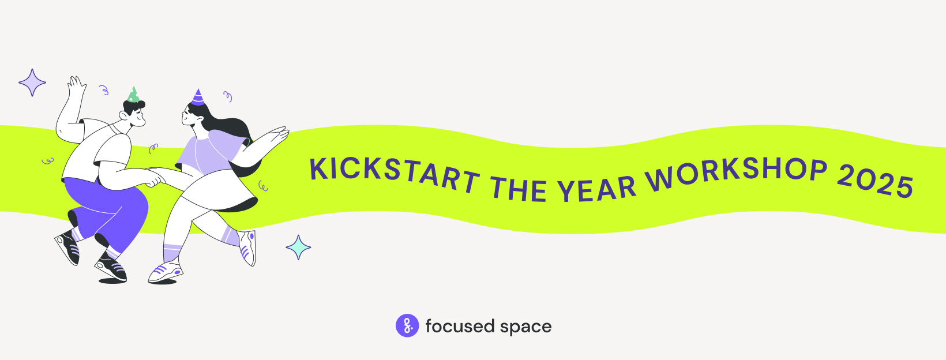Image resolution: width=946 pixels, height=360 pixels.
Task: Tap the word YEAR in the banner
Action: coord(597,189)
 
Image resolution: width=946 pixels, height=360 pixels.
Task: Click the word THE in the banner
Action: coord(519,189)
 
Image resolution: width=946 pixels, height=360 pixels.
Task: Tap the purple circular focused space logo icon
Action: coord(407,326)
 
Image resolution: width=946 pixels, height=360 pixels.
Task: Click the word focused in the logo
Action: coord(460,327)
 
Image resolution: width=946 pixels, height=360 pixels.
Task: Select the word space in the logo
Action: coord(525,327)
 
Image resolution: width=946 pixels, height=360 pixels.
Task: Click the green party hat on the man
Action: coord(133,95)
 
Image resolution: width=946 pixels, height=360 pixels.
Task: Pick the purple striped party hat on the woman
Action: coord(198,97)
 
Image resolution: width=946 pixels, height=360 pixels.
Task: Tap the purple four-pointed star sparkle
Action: coord(32,82)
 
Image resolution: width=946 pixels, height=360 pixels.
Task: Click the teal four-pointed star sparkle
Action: coord(298,247)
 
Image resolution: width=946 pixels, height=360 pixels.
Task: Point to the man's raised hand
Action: coord(76,89)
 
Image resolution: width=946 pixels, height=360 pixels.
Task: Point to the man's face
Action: coord(137,117)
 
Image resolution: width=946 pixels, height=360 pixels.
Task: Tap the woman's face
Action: coord(191,116)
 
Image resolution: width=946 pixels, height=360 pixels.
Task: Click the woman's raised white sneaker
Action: coord(249,247)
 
